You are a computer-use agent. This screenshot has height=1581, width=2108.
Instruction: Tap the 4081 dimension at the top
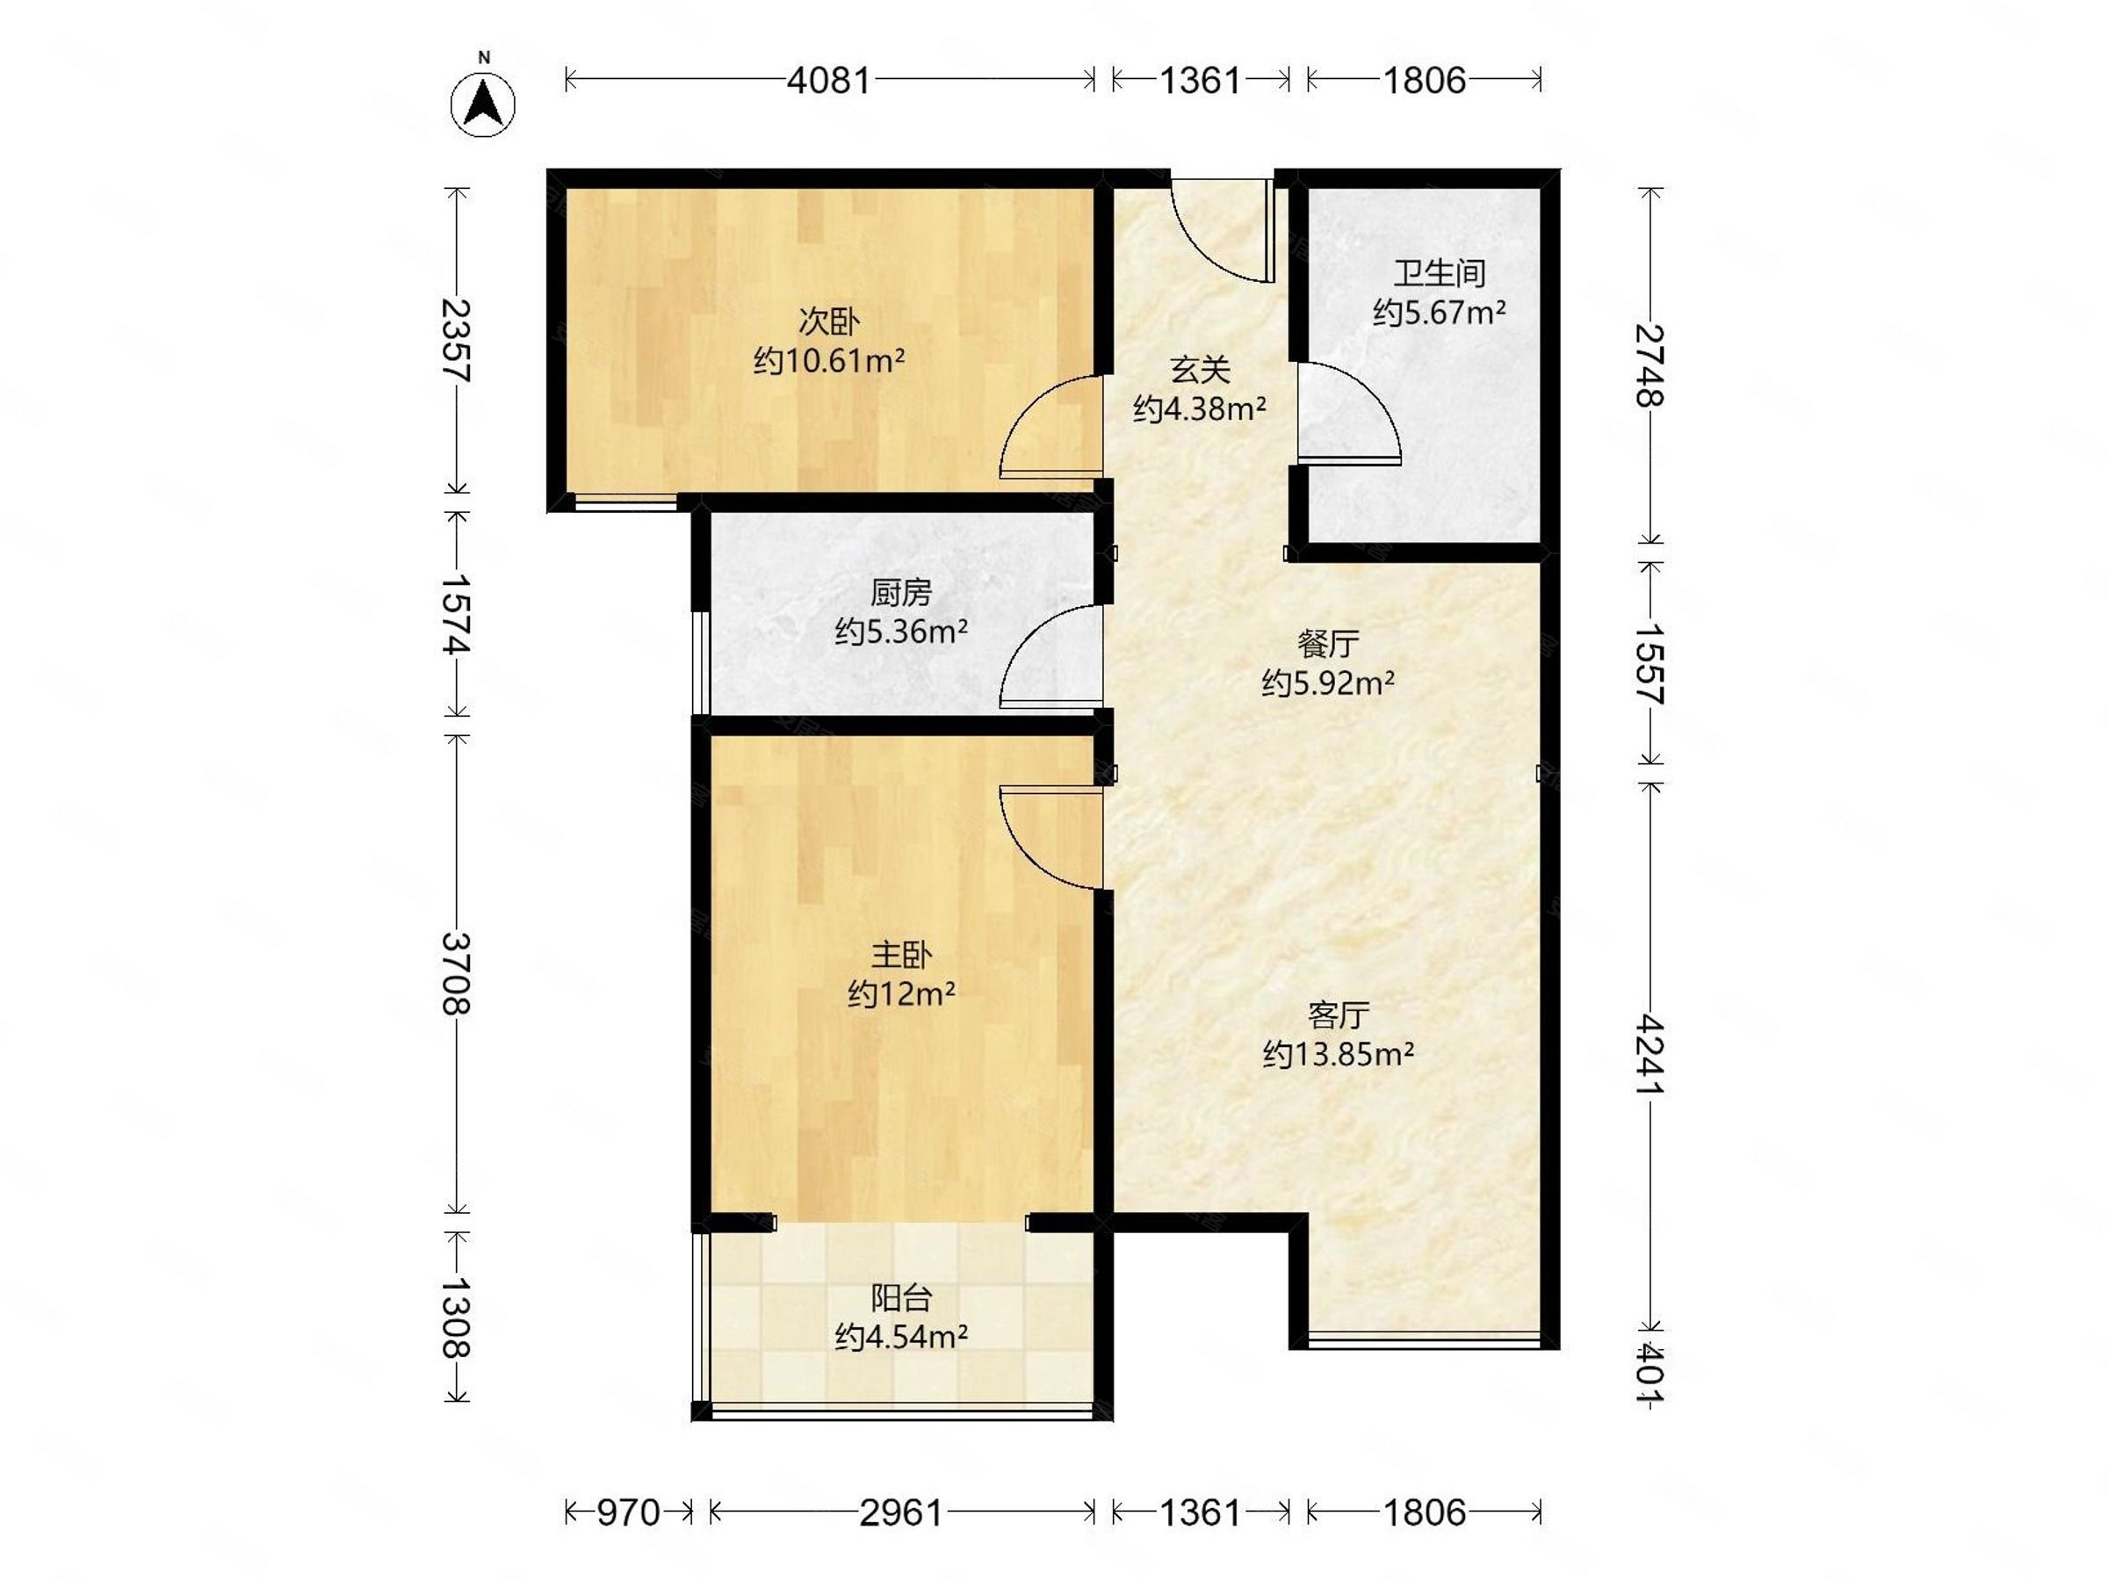pyautogui.click(x=829, y=80)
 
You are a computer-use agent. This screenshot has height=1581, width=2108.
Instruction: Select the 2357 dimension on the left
pyautogui.click(x=457, y=340)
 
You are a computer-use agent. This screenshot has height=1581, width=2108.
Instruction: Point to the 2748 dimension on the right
pyautogui.click(x=1650, y=366)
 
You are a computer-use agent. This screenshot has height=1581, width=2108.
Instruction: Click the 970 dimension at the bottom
pyautogui.click(x=628, y=1512)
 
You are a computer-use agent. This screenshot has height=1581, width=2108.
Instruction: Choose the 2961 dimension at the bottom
pyautogui.click(x=901, y=1512)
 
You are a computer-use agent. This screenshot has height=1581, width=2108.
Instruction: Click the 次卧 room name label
pyautogui.click(x=829, y=322)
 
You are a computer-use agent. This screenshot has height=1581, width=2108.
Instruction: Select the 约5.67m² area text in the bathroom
pyautogui.click(x=1439, y=313)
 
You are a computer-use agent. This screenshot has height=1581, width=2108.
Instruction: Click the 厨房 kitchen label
pyautogui.click(x=900, y=593)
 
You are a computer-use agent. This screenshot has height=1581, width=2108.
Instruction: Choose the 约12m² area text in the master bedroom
pyautogui.click(x=901, y=994)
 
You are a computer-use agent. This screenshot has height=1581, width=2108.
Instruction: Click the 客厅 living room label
pyautogui.click(x=1339, y=1016)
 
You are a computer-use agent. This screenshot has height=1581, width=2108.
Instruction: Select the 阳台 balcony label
pyautogui.click(x=901, y=1298)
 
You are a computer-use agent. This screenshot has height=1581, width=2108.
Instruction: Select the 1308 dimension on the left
pyautogui.click(x=457, y=1317)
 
